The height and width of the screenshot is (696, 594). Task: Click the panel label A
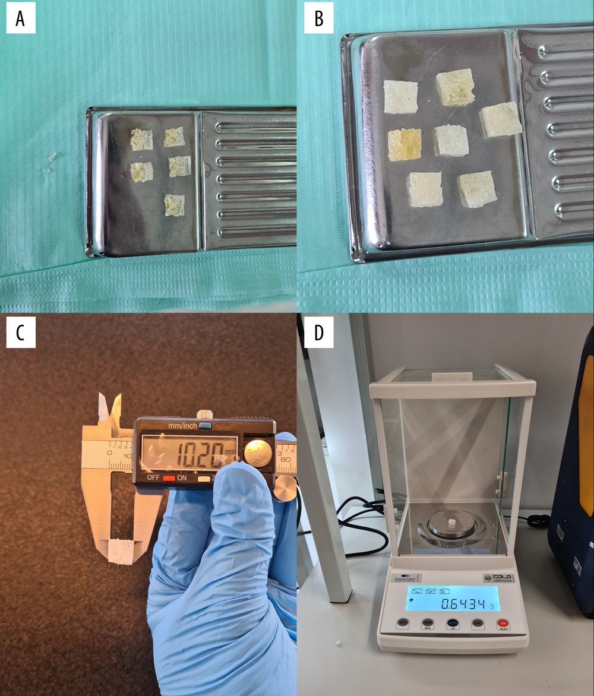click(21, 20)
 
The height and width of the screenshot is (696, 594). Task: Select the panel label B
click(319, 20)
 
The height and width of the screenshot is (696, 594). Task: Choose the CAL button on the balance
click(477, 624)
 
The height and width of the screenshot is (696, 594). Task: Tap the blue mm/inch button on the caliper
click(206, 426)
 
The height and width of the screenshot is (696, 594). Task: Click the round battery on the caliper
click(257, 453)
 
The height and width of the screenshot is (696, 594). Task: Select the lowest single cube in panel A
click(174, 205)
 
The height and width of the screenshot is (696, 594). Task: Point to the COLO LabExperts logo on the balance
click(497, 577)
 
